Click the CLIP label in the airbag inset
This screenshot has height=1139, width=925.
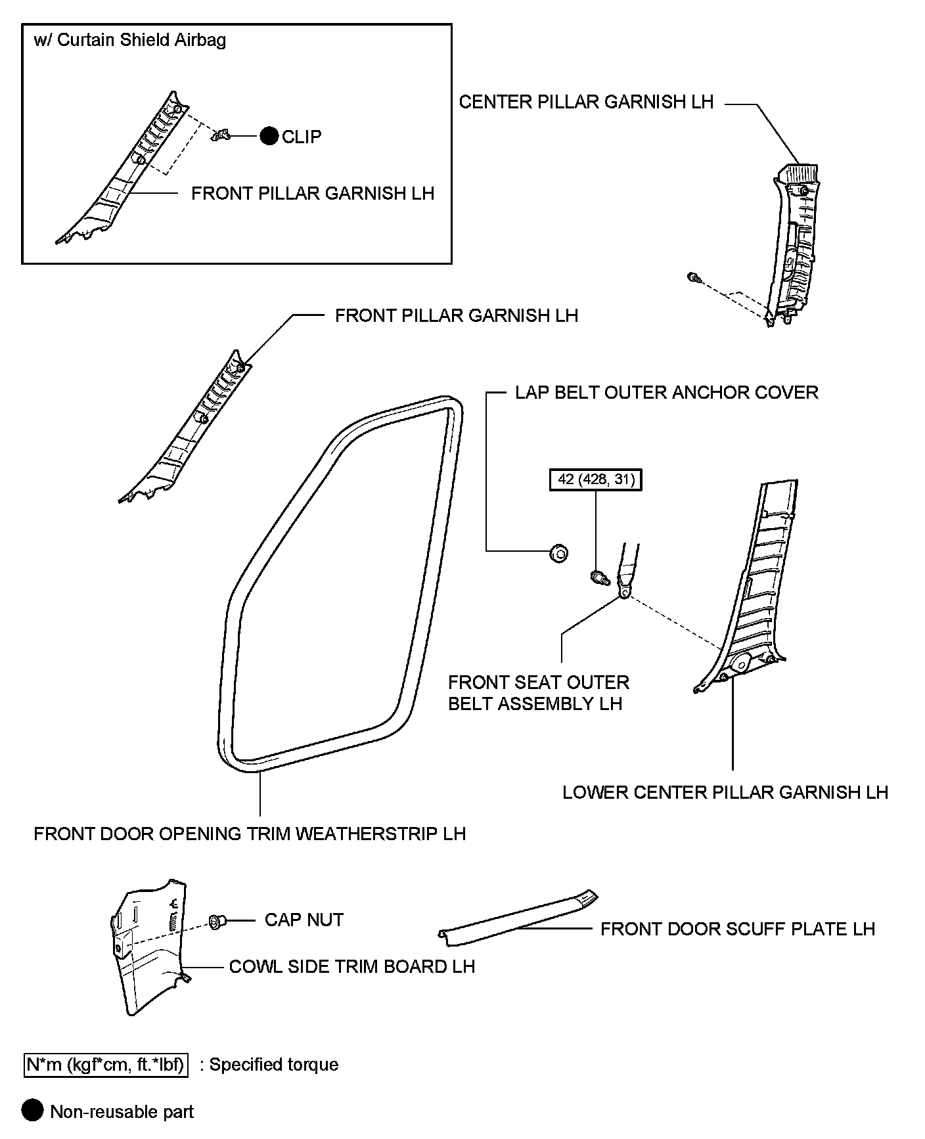[x=302, y=137]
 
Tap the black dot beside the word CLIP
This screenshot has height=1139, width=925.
[x=269, y=136]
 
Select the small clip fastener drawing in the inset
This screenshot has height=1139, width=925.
[x=220, y=136]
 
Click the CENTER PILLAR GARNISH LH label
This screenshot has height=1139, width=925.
[x=586, y=102]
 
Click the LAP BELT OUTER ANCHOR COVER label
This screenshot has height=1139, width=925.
[x=666, y=392]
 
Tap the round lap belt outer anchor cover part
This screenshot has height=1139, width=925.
[x=558, y=554]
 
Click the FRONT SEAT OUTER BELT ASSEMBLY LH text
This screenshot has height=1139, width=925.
[x=538, y=692]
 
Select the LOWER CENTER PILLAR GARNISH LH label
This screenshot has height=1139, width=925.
[x=725, y=792]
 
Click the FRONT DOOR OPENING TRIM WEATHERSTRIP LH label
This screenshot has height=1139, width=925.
[x=250, y=834]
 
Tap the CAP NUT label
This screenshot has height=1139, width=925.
[x=304, y=920]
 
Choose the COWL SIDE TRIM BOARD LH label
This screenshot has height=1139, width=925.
[x=351, y=967]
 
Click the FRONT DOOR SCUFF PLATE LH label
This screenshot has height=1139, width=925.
[x=737, y=929]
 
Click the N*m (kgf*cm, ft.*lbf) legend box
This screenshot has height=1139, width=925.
[x=106, y=1064]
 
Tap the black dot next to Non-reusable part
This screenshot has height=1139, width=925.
[x=32, y=1111]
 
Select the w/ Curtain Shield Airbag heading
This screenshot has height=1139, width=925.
[x=129, y=40]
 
